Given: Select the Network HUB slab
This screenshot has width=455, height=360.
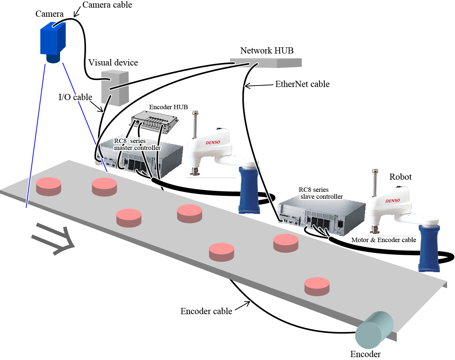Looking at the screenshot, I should click(266, 63).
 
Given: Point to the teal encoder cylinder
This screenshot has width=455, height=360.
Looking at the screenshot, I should click(374, 330).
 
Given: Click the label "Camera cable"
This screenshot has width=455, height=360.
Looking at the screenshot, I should click(107, 5).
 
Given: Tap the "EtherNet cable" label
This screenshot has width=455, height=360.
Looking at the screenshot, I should click(302, 84).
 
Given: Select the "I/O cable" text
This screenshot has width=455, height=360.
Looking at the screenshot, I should click(75, 97).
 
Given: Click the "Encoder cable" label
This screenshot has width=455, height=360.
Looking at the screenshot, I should click(206, 311).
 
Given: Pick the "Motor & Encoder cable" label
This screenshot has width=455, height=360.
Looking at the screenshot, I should click(383, 240).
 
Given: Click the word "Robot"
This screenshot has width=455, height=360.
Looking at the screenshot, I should click(400, 177).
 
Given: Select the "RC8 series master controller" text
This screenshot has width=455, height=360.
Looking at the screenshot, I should click(137, 145).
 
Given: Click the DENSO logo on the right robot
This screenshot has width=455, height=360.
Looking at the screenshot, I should click(393, 201).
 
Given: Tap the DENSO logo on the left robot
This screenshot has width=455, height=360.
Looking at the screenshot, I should click(213, 142).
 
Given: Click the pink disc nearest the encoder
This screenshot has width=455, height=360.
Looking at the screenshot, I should click(317, 286).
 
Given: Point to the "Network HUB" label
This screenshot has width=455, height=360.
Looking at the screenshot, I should click(267, 51).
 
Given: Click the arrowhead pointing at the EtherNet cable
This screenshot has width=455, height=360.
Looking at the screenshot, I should click(246, 86).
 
